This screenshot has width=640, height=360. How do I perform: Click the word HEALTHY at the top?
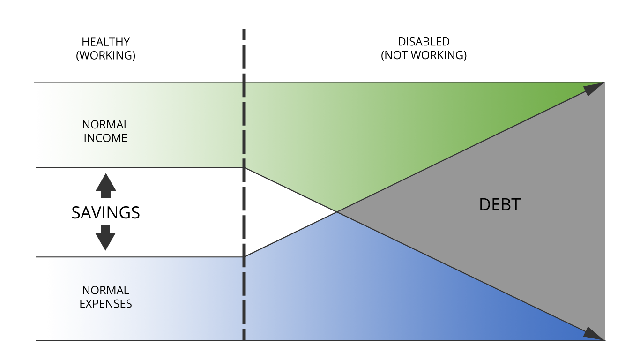click(106, 42)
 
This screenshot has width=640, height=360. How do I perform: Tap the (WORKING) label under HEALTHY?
click(106, 55)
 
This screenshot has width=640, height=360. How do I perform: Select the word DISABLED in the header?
click(424, 42)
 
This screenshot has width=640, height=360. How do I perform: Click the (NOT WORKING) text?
click(424, 55)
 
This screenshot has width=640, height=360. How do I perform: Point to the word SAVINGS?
click(106, 212)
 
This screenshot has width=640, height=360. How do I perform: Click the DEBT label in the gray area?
click(500, 205)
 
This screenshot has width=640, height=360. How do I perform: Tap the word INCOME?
click(105, 138)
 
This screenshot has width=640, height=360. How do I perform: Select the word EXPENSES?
click(106, 304)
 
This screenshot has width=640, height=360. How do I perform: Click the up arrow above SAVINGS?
click(106, 186)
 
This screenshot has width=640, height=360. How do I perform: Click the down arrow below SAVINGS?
click(105, 238)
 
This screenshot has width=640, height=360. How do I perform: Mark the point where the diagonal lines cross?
click(337, 212)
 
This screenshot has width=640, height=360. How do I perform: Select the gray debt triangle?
click(514, 211)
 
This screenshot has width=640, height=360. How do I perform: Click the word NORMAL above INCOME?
click(106, 125)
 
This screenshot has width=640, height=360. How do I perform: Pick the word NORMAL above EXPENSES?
click(106, 290)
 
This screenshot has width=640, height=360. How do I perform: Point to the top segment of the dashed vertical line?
click(244, 34)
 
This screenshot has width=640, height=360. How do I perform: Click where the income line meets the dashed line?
click(244, 167)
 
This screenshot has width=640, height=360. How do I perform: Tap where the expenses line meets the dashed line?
click(244, 257)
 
